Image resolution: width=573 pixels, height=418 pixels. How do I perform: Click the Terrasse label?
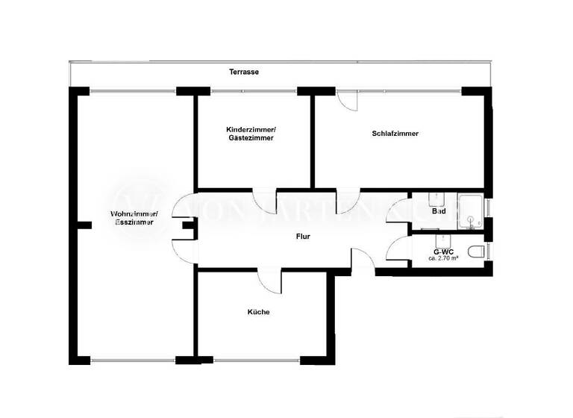(x=244, y=72)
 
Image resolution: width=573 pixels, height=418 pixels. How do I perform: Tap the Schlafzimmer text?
(x=395, y=134)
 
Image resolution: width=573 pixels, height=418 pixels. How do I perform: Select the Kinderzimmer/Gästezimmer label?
(x=251, y=134)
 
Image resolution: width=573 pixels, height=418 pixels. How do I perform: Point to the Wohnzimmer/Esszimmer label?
(x=132, y=218)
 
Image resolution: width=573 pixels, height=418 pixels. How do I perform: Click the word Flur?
(x=302, y=237)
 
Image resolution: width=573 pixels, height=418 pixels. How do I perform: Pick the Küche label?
(x=259, y=312)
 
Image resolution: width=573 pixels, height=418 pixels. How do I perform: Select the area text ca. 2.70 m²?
(x=443, y=258)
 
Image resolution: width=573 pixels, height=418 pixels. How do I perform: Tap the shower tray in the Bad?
(x=471, y=210)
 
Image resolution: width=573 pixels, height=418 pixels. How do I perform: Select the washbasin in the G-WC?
(x=442, y=240)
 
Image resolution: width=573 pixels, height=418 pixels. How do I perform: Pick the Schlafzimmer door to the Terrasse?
(x=347, y=101)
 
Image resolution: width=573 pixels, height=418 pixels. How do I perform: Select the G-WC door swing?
(x=398, y=248)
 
